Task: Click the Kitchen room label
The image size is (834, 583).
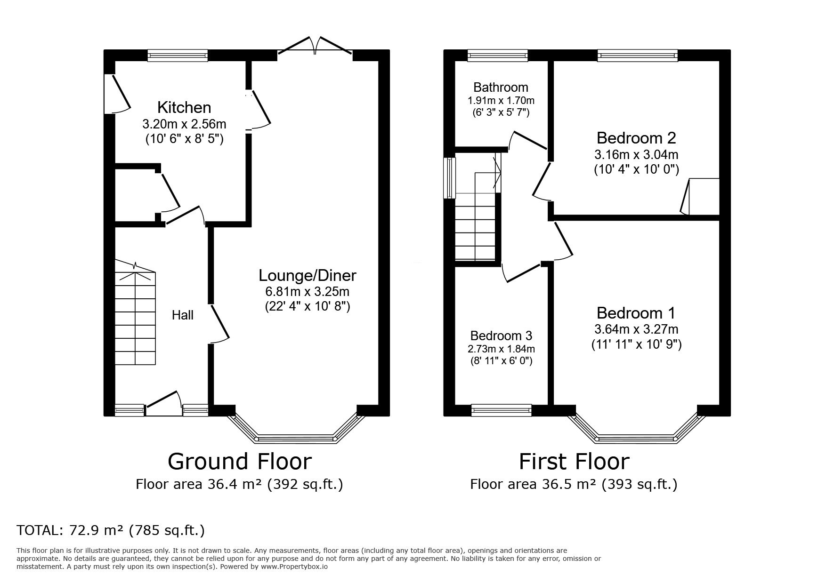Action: pyautogui.click(x=184, y=108)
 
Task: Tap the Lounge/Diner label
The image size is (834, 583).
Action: pyautogui.click(x=308, y=275)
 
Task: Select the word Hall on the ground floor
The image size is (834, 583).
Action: pyautogui.click(x=183, y=315)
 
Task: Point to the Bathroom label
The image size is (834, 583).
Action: pyautogui.click(x=501, y=87)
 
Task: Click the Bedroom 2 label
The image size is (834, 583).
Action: pyautogui.click(x=636, y=138)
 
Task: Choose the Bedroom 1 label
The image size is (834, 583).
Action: pyautogui.click(x=636, y=313)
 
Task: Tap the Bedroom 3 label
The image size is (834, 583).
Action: pyautogui.click(x=501, y=335)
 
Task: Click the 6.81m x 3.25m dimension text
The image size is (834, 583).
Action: pyautogui.click(x=308, y=292)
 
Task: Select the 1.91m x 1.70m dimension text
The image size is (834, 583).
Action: pyautogui.click(x=501, y=100)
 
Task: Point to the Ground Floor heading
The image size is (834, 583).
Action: pyautogui.click(x=240, y=462)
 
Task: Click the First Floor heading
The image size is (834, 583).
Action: pyautogui.click(x=574, y=462)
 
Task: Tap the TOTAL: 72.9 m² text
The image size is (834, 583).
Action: pyautogui.click(x=70, y=531)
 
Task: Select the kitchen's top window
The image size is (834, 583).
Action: pyautogui.click(x=178, y=56)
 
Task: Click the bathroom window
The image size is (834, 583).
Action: pyautogui.click(x=498, y=56)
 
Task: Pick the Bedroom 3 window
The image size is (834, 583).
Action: pyautogui.click(x=502, y=410)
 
